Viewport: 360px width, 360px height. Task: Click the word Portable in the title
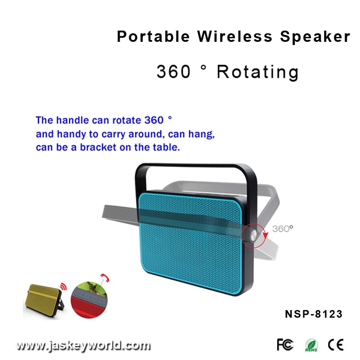153,36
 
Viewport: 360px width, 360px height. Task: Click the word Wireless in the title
234,36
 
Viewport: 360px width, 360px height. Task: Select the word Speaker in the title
315,37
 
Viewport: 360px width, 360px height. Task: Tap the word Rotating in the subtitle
257,72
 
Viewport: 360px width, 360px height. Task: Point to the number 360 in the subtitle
174,72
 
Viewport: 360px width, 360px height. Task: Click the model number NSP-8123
314,314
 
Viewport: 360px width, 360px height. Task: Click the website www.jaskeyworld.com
83,346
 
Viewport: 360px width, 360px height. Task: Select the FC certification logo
285,344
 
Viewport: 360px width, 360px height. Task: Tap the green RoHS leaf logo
311,345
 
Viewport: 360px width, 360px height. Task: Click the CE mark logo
336,345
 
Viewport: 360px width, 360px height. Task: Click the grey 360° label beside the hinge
283,229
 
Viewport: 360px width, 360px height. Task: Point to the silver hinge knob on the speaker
253,235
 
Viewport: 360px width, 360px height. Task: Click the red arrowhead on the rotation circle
265,235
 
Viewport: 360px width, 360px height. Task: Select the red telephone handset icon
105,278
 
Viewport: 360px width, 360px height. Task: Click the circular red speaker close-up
89,300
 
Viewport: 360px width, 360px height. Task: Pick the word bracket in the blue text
98,148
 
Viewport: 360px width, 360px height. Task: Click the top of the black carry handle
195,165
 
